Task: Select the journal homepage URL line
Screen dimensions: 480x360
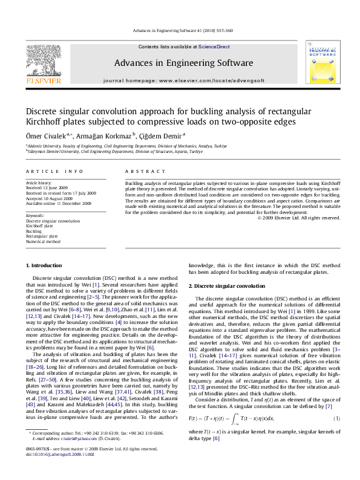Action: [176, 80]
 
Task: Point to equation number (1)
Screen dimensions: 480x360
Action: [336, 401]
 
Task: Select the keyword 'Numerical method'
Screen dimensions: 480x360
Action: [43, 241]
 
